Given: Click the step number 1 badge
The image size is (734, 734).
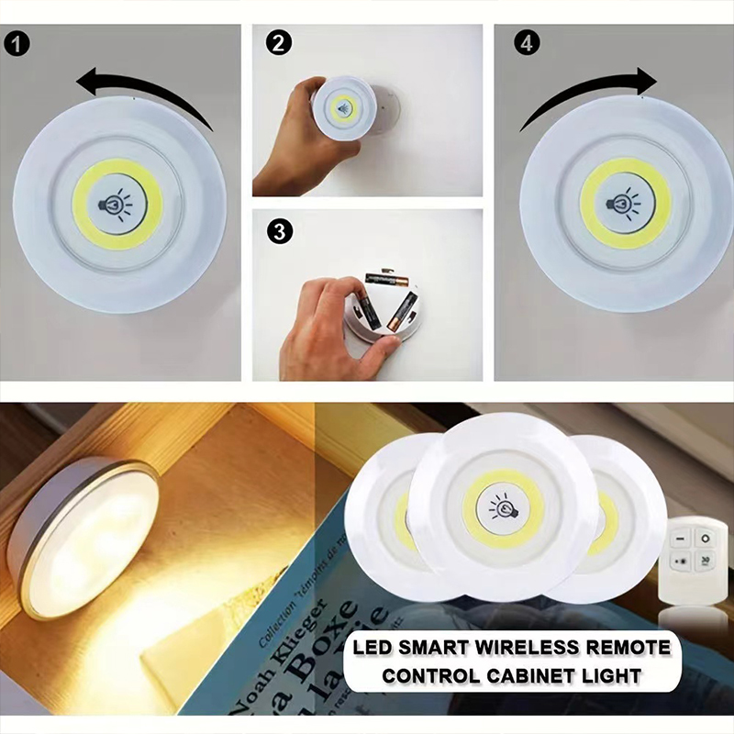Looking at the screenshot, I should tap(18, 42).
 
